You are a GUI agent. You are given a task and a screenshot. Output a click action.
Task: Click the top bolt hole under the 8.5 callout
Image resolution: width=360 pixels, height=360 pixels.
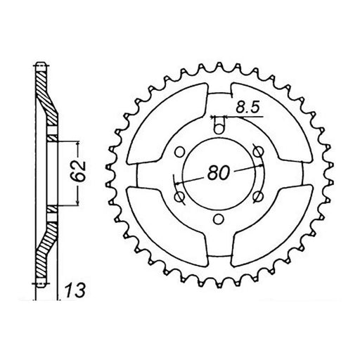tap(218, 126)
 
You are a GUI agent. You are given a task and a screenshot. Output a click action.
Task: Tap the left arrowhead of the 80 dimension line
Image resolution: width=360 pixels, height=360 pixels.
tap(179, 181)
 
